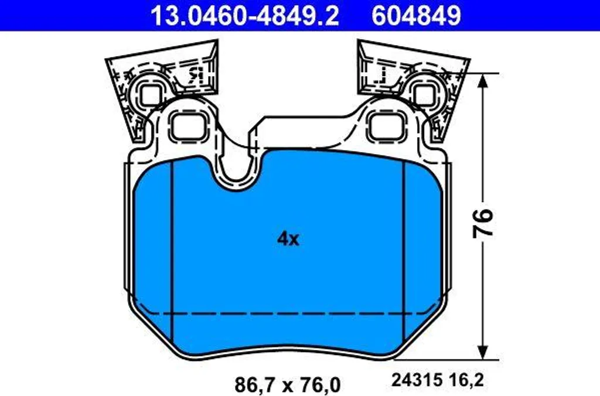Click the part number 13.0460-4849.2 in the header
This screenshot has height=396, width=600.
tap(245, 16)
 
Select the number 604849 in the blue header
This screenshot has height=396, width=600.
tap(417, 16)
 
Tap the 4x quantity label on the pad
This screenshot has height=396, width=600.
tap(288, 239)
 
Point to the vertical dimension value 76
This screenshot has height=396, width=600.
tap(483, 224)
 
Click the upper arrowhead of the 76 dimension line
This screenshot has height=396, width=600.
tap(483, 80)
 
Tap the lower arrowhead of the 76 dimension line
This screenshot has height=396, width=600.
tap(483, 352)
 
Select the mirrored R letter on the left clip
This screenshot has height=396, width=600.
tap(195, 76)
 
